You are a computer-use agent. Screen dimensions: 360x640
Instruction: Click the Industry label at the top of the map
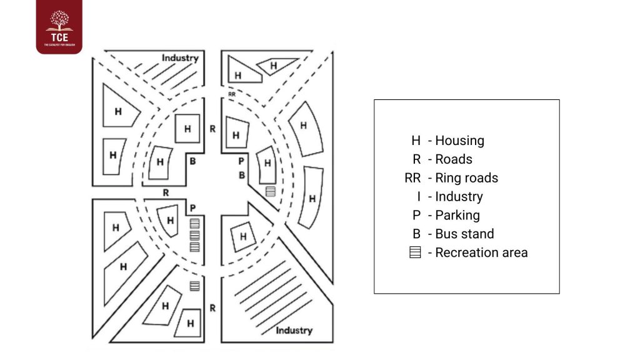180,58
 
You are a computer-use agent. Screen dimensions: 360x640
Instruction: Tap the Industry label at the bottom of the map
294,330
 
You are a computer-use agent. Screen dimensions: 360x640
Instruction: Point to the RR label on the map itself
232,94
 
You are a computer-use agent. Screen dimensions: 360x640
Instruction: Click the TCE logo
59,26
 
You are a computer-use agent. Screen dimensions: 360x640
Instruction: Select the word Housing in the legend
459,141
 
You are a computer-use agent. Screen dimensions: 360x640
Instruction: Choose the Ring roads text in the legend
466,178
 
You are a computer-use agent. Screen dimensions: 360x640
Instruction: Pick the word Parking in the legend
457,215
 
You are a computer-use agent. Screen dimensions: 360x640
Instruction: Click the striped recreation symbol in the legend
414,252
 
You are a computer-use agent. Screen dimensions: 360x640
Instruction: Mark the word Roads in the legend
454,159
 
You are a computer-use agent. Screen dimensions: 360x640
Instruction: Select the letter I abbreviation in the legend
417,196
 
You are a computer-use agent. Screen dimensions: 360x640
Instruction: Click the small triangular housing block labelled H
274,65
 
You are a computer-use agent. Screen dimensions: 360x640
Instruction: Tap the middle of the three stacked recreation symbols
194,235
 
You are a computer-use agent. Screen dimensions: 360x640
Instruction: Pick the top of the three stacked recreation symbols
194,223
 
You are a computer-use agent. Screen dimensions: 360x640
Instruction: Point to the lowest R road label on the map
212,307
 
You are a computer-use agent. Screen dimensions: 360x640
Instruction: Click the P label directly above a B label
241,161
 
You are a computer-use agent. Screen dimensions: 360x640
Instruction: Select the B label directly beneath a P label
241,175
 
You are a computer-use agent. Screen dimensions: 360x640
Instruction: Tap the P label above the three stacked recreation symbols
193,207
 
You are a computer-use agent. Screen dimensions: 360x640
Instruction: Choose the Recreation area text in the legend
481,252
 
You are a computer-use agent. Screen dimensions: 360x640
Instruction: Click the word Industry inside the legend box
459,196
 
